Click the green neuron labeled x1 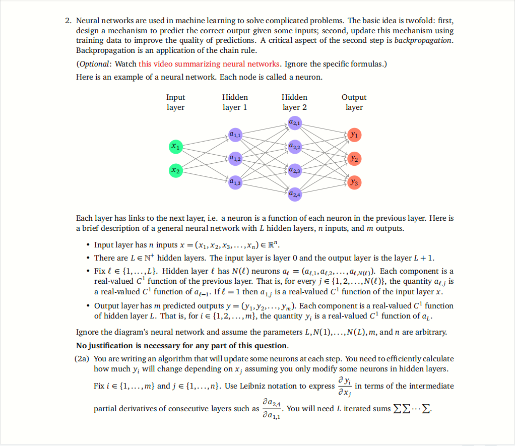click(x=175, y=146)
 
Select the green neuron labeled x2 click(x=175, y=171)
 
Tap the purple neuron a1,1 click(x=235, y=135)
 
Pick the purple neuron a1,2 click(x=235, y=158)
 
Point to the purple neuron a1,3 click(x=235, y=182)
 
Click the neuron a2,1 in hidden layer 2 click(x=295, y=122)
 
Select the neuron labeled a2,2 click(x=295, y=147)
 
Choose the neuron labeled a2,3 click(x=295, y=170)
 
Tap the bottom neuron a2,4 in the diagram click(x=295, y=194)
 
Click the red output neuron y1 click(x=354, y=135)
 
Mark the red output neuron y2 click(x=354, y=158)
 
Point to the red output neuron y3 click(x=354, y=182)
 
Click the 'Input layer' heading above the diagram click(x=175, y=102)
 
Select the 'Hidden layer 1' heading click(x=235, y=102)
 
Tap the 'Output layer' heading click(x=354, y=102)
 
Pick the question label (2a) click(x=82, y=359)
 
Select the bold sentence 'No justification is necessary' click(x=182, y=346)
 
